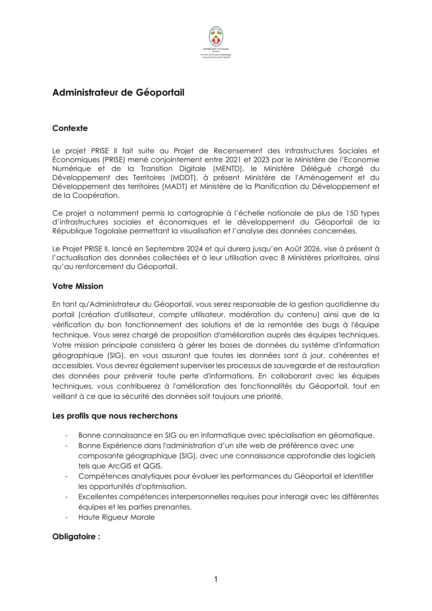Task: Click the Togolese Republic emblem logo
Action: pyautogui.click(x=216, y=37)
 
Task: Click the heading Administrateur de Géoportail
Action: pyautogui.click(x=118, y=92)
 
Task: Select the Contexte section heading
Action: pyautogui.click(x=70, y=128)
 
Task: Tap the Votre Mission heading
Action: pyautogui.click(x=78, y=286)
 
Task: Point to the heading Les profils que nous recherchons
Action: pyautogui.click(x=115, y=416)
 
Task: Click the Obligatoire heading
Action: pyautogui.click(x=76, y=536)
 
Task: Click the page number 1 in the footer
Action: pyautogui.click(x=216, y=586)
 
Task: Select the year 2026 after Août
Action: pyautogui.click(x=312, y=249)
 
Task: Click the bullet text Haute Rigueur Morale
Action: pyautogui.click(x=116, y=517)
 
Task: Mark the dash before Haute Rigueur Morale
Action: pyautogui.click(x=67, y=517)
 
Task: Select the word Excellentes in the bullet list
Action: pyautogui.click(x=98, y=497)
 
